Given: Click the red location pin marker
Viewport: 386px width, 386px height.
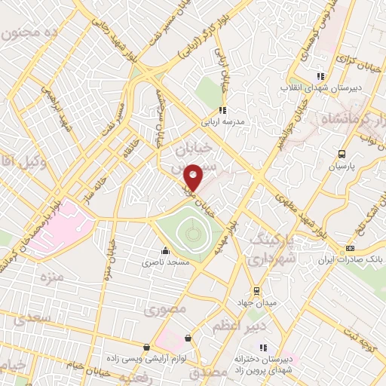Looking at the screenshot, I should [194, 177].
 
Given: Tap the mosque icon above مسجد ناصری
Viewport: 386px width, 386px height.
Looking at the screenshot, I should [165, 251].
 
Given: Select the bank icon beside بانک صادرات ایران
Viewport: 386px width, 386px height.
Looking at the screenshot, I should [350, 248].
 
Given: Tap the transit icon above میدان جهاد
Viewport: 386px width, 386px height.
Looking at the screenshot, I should [256, 290].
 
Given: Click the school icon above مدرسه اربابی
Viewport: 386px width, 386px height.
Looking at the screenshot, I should [222, 110].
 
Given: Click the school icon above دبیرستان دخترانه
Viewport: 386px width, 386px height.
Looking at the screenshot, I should [263, 348].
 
